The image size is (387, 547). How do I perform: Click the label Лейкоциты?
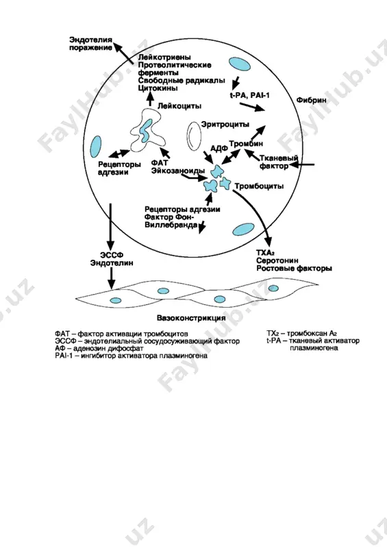point(179,106)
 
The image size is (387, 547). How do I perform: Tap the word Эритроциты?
point(225,124)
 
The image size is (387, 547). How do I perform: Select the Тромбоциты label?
point(259,186)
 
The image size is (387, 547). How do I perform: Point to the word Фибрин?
point(311,100)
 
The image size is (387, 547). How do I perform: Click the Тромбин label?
point(246,144)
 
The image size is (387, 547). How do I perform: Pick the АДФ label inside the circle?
point(219,149)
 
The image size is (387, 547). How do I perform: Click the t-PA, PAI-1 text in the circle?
point(249,95)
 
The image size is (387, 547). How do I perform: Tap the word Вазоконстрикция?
point(191,318)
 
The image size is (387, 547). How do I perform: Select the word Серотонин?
point(277,261)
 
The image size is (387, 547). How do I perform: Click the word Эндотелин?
point(112,263)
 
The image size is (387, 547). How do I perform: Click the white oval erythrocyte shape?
point(194,136)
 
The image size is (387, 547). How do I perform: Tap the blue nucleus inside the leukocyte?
point(146,129)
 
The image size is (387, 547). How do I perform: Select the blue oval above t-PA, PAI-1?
point(240,64)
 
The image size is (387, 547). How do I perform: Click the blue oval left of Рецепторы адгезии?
point(95,147)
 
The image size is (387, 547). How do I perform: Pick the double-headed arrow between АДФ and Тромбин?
point(231,157)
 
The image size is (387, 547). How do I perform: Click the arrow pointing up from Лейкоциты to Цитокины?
point(151,99)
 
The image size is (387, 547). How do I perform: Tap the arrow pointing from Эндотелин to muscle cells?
point(111,278)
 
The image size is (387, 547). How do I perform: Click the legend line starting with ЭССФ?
point(147,341)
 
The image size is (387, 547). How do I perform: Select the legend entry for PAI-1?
point(131,356)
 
